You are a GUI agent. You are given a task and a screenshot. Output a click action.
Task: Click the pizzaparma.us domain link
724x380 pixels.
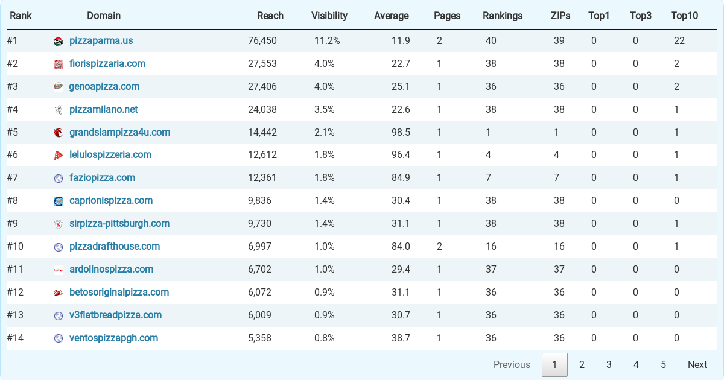point(101,41)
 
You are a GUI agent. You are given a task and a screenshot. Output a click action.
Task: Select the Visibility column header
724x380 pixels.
point(329,16)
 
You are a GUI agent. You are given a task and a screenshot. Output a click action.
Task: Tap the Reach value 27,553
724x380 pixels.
point(262,64)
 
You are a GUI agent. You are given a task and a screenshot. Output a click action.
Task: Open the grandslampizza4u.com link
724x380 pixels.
point(119,133)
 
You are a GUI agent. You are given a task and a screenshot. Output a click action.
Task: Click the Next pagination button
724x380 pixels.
point(697,364)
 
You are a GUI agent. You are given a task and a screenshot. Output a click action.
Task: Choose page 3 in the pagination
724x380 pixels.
point(609,364)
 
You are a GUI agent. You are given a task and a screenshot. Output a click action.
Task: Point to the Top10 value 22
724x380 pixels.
point(679,41)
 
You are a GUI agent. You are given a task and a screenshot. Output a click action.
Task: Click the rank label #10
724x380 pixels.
point(15,247)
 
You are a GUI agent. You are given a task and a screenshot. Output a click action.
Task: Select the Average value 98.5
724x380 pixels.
point(401,133)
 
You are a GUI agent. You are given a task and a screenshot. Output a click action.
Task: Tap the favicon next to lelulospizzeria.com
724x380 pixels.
point(58,156)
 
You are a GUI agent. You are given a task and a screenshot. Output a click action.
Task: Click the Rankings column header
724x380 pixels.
point(503,16)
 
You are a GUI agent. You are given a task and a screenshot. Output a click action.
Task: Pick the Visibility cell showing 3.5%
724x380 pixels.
point(324,110)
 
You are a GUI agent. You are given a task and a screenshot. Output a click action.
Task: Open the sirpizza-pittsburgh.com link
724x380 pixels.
point(119,224)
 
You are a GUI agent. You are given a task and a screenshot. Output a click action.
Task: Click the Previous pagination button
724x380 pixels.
point(512,364)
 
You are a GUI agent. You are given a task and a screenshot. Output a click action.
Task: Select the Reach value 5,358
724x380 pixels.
point(259,338)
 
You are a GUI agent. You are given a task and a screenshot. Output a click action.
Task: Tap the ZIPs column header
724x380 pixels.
point(560,16)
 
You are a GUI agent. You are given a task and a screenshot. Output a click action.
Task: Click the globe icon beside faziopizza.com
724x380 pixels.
point(58,178)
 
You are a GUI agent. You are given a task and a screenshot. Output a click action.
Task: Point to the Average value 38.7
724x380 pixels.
point(401,338)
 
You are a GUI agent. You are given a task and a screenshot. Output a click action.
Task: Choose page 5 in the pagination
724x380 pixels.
point(663,364)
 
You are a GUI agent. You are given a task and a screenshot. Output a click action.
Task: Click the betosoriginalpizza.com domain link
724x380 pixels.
point(119,293)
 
